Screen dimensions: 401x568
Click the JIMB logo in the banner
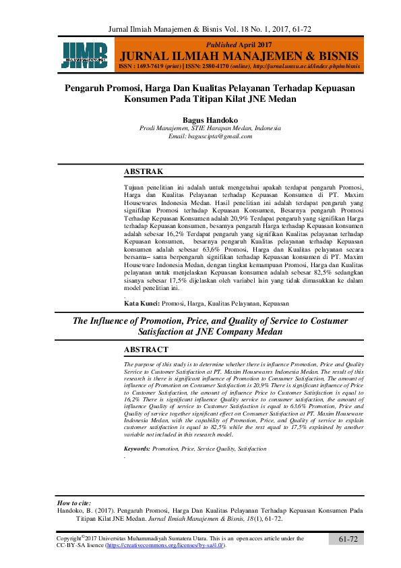[x=85, y=55]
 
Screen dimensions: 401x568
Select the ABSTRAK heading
[x=144, y=172]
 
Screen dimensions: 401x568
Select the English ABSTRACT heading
[x=146, y=349]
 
